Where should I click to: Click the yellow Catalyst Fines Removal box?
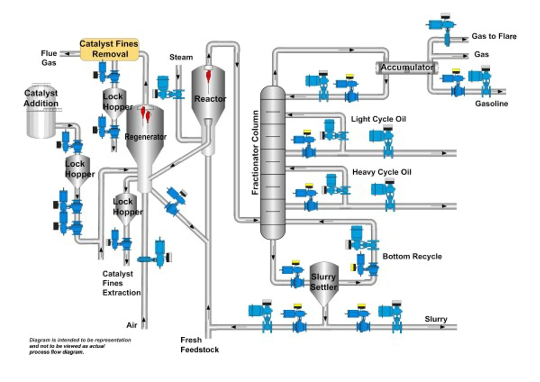(109, 49)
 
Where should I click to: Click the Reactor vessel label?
(210, 99)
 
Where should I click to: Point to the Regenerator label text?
(145, 137)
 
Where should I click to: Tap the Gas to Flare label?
(494, 36)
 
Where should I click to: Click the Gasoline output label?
(491, 103)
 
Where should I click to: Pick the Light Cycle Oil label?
(378, 119)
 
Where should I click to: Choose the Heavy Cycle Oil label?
(382, 172)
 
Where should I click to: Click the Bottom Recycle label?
(412, 256)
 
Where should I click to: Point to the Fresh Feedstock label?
(199, 345)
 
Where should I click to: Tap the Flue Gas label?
(49, 58)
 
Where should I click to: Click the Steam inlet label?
(181, 57)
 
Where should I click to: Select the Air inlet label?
(132, 325)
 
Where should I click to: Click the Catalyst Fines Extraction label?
(121, 283)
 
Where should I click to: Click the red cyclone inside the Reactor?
(208, 75)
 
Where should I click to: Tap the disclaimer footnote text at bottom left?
(80, 346)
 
